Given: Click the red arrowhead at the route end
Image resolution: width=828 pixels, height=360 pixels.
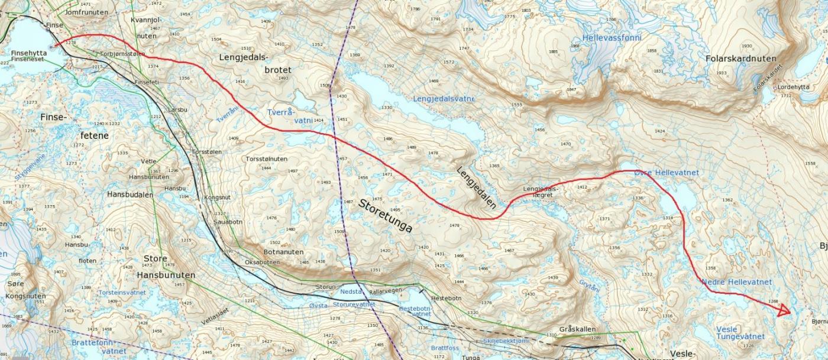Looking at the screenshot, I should (784, 310).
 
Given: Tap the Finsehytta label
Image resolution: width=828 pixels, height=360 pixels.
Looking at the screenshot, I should (28, 53).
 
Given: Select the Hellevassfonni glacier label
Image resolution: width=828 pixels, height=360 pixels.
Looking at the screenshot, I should (612, 38).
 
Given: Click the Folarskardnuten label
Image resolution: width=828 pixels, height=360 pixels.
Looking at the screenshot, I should (740, 59).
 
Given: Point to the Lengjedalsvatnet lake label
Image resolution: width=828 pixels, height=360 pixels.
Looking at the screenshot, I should (444, 98).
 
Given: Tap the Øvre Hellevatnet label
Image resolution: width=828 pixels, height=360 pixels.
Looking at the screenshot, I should (666, 173).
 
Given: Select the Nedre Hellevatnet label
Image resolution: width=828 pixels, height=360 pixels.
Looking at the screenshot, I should (736, 283).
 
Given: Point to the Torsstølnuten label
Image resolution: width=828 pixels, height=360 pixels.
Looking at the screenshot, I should (266, 159).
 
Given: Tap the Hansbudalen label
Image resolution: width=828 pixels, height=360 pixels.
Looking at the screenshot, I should (130, 194).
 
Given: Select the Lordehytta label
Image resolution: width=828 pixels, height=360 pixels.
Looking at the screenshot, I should (794, 87).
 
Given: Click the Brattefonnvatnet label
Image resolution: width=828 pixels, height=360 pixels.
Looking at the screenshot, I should (99, 346).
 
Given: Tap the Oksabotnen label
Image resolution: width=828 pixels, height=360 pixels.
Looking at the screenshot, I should (262, 262).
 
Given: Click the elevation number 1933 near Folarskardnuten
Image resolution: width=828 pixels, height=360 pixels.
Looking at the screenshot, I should (722, 73).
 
